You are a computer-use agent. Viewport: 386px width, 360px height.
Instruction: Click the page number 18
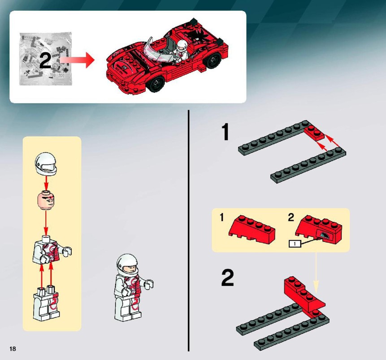pos(13,349)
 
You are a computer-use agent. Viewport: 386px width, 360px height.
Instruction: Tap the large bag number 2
pos(45,61)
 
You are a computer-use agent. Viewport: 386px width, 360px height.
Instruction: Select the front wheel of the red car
pos(155,84)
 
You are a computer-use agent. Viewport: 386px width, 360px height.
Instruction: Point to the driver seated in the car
pos(182,51)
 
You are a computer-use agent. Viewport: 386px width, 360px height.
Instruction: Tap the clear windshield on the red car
pos(157,51)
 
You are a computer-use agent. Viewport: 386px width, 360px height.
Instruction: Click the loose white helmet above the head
pos(46,164)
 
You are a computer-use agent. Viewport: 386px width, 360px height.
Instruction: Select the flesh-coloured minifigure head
pos(46,200)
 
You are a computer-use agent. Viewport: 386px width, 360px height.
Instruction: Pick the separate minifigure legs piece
pos(47,304)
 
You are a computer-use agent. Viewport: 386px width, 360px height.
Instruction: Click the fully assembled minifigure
pos(133,288)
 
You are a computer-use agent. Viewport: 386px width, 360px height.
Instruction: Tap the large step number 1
pos(225,132)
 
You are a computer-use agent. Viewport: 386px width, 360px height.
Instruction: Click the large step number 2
pos(227,278)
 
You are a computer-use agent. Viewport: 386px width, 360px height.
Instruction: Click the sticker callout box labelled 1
pos(295,244)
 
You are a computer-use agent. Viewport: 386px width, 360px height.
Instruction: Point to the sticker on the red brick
pos(325,234)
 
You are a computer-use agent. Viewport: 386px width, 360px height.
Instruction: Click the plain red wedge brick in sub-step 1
pos(252,229)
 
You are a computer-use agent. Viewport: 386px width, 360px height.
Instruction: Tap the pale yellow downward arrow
pos(317,273)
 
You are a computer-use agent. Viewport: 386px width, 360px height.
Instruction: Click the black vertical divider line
pos(189,231)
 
